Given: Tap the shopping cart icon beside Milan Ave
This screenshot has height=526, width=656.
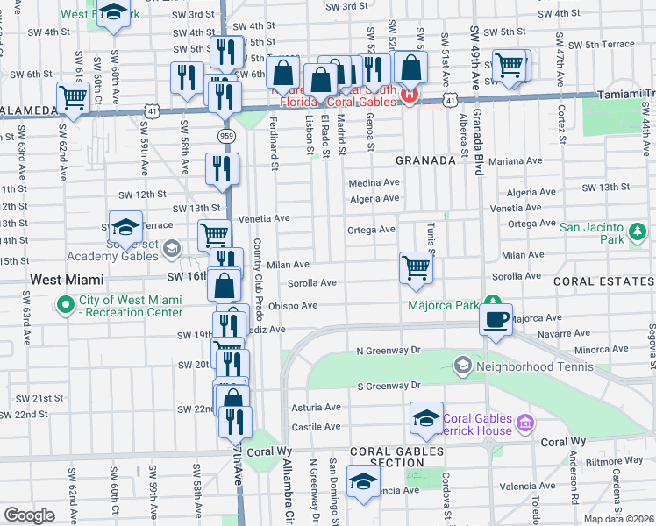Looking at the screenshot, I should [x=416, y=267].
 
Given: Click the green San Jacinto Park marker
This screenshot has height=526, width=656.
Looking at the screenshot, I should [x=638, y=232].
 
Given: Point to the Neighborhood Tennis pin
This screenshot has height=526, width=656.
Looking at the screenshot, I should [x=462, y=364].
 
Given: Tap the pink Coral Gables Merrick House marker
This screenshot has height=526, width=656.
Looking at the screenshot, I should [x=524, y=423].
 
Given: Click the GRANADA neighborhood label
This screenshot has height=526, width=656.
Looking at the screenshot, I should [x=425, y=160].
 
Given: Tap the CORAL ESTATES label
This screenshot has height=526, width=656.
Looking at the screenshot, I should [x=603, y=281].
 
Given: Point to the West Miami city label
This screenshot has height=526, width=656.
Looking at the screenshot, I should [x=67, y=280].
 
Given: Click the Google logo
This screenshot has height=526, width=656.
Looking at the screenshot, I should [x=29, y=515].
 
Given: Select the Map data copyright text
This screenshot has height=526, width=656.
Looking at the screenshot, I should [x=619, y=519].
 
